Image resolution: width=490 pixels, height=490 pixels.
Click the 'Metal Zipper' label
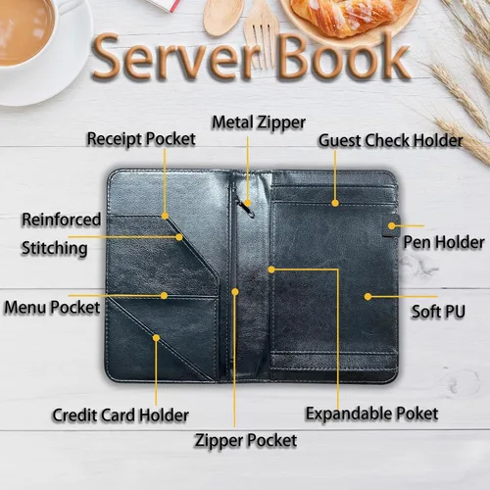(259, 123)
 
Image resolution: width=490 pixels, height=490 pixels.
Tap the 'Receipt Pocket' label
(141, 139)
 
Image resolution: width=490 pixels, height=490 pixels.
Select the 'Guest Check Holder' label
(391, 140)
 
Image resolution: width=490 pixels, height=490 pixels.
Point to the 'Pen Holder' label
(444, 242)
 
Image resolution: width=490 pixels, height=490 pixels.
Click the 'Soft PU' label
(438, 312)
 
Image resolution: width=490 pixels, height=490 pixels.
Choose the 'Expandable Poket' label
(371, 414)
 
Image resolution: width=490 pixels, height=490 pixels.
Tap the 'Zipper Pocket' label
(246, 440)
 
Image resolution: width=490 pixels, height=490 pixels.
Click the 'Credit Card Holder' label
(121, 416)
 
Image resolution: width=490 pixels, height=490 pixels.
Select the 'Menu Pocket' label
(52, 308)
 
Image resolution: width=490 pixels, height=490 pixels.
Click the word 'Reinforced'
(61, 220)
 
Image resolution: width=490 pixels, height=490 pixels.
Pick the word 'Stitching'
(54, 249)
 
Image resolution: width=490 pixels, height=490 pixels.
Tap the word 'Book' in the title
(344, 56)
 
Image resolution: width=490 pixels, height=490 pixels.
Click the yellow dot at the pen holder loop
(392, 225)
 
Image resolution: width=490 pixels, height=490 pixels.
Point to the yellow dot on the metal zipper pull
(248, 203)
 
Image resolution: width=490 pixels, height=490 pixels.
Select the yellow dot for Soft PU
(367, 296)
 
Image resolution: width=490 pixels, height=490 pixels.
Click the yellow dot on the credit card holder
(156, 338)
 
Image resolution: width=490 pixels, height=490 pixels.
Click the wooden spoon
(222, 17)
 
